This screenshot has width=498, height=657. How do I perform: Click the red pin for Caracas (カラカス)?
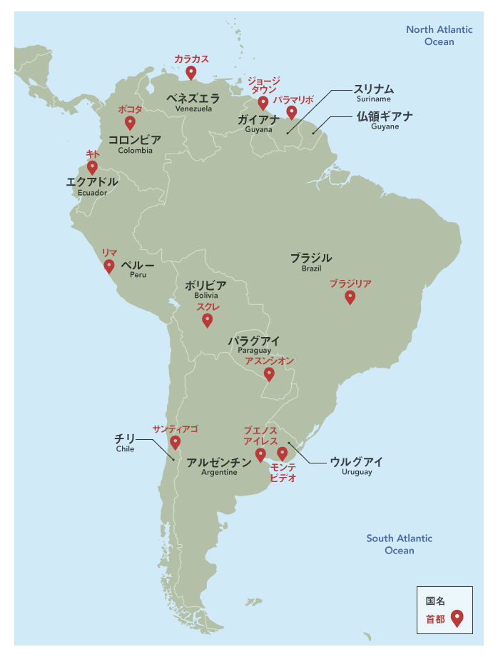point(191,72)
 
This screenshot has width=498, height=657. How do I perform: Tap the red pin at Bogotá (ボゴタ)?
point(130,122)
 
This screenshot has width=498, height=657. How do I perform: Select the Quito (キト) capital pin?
point(92,167)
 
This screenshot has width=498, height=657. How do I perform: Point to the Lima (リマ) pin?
point(109,266)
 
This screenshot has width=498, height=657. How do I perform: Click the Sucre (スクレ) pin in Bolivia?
point(207,320)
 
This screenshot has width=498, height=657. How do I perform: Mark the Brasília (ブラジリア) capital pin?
point(350,297)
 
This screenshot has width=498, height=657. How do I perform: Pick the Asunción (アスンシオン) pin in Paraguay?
point(269,373)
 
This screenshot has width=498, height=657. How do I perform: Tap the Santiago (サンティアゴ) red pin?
point(175,443)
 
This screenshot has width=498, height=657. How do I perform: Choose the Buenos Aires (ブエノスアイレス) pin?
point(260,453)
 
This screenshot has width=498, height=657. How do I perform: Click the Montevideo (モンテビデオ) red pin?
point(283,453)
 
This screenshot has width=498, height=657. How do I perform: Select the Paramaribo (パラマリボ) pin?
point(291,112)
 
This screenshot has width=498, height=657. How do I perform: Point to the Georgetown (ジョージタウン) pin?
point(263,103)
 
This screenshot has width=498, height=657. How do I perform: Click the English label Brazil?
point(311,269)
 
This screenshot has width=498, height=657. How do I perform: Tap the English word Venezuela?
point(193,109)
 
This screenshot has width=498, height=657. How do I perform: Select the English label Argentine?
point(219,473)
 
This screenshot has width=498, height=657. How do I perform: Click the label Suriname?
point(374,99)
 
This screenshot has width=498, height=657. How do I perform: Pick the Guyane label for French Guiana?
point(385,126)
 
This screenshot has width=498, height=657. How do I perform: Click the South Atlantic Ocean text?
point(399,544)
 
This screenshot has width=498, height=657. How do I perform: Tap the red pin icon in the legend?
point(457,618)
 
